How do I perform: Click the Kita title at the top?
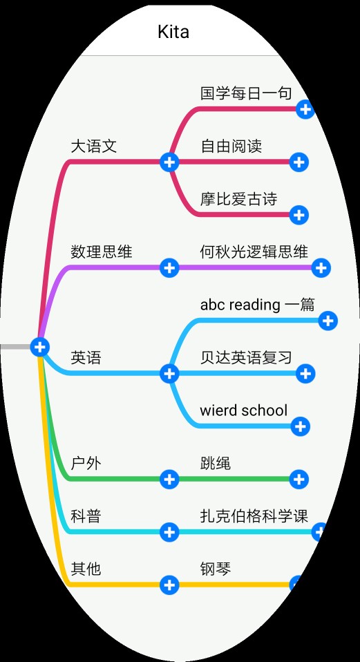point(173,32)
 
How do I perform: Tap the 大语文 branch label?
point(94,146)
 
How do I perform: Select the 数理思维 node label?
point(102,252)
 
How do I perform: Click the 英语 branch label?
point(86,358)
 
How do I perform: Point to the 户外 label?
point(86,464)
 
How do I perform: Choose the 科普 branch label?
point(86,516)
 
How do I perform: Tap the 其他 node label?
point(86,569)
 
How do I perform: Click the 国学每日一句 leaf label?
point(246,93)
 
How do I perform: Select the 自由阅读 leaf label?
point(231,146)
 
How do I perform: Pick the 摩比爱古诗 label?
point(239,199)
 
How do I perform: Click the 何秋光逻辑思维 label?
point(254,252)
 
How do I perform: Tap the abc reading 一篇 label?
point(258,305)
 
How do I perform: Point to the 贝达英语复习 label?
point(246,358)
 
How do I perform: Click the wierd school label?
point(243,410)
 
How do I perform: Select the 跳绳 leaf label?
point(216,464)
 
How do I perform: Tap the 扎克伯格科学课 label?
point(254,516)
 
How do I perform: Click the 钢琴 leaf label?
point(216,569)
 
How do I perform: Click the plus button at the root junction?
point(40,347)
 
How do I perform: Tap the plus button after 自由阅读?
point(299,162)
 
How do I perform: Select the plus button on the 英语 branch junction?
point(169,373)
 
